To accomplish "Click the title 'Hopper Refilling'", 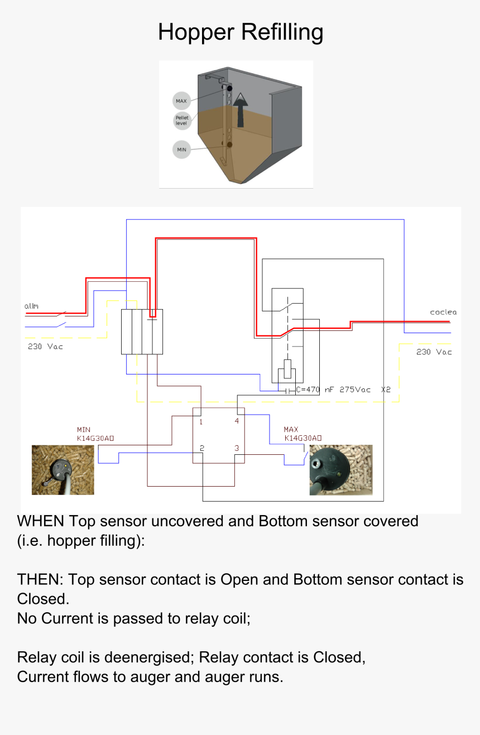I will click(241, 32).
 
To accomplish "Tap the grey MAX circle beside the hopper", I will click(181, 101).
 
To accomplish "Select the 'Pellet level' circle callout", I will click(181, 120).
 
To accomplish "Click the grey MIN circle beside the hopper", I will click(181, 150).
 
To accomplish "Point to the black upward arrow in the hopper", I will click(241, 110).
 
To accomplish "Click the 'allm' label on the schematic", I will click(31, 306).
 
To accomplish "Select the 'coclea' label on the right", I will click(443, 312).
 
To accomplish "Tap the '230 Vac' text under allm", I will click(45, 347).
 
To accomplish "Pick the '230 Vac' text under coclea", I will click(434, 352).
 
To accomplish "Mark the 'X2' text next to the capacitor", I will click(386, 390).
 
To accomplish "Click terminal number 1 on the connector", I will click(201, 422).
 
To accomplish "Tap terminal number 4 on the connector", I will click(237, 421).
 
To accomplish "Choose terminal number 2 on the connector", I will click(201, 448).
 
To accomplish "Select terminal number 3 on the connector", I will click(237, 448).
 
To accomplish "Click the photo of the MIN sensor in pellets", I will click(63, 469).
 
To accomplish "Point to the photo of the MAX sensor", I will click(340, 470).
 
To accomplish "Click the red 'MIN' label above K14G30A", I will click(84, 430).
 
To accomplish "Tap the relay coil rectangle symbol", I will click(287, 369).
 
